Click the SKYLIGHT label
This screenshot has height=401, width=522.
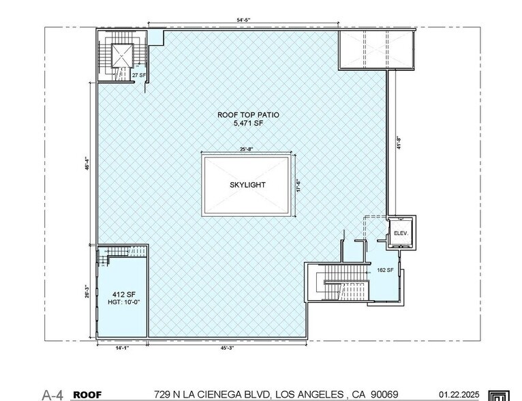pyautogui.click(x=247, y=185)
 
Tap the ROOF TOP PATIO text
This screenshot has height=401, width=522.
pyautogui.click(x=248, y=115)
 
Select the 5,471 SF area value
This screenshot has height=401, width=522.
pyautogui.click(x=248, y=124)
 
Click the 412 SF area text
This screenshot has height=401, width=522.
pyautogui.click(x=123, y=294)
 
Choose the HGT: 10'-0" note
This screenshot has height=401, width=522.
pyautogui.click(x=123, y=302)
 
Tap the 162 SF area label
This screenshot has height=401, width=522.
pyautogui.click(x=386, y=270)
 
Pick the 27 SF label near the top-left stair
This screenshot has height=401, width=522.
pyautogui.click(x=138, y=75)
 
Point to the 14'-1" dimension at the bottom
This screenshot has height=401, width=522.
pyautogui.click(x=123, y=348)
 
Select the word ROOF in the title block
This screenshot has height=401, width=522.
pyautogui.click(x=87, y=394)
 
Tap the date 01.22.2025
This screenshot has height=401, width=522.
pyautogui.click(x=461, y=394)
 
